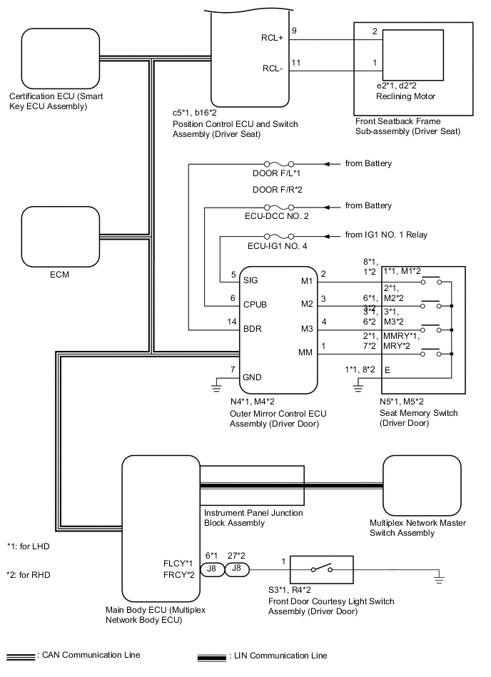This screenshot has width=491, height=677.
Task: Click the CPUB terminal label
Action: [254, 305]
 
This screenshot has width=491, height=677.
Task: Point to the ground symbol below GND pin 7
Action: [215, 387]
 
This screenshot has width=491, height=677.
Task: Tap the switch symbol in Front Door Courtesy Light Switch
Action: [320, 569]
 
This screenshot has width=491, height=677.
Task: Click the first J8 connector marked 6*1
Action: [211, 569]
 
